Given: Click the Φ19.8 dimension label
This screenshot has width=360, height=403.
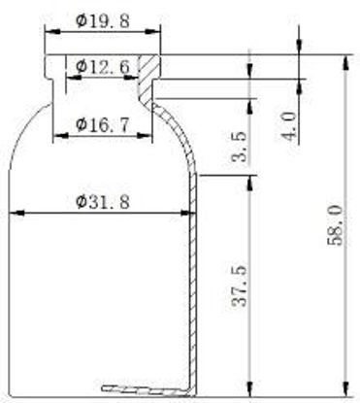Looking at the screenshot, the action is click(x=103, y=21).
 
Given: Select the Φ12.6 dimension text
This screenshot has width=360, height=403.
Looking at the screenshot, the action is click(x=103, y=67).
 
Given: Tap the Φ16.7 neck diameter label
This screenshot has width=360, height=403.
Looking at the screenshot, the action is click(x=103, y=124).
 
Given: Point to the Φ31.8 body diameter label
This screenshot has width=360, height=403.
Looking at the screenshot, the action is click(x=103, y=202).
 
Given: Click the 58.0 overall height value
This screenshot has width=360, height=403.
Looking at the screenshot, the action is click(x=335, y=225).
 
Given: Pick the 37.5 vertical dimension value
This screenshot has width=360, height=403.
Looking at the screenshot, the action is click(x=240, y=285).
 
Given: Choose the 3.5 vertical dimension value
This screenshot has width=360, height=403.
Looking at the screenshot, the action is click(x=240, y=147).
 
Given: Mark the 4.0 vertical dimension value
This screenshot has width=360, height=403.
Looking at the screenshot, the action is click(x=288, y=125).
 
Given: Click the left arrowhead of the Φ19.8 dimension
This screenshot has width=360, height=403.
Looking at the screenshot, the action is click(x=52, y=32).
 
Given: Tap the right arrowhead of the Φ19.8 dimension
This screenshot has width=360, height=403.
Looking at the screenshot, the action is click(x=152, y=32).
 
